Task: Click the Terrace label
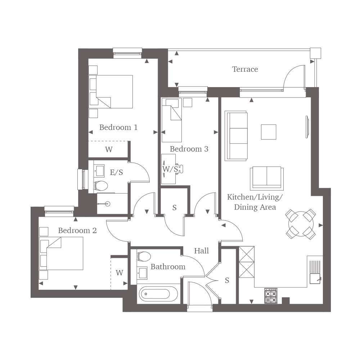click(x=245, y=69)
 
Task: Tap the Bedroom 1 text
click(x=118, y=127)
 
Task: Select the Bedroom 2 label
click(x=77, y=230)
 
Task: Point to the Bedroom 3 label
click(x=189, y=149)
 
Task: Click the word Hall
click(x=201, y=251)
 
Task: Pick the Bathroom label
click(x=168, y=266)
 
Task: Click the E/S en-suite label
click(x=116, y=172)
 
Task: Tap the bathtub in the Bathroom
click(x=158, y=294)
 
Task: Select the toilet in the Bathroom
click(x=143, y=256)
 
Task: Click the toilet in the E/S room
click(x=100, y=186)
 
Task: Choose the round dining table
click(x=301, y=224)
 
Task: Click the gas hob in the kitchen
click(x=271, y=296)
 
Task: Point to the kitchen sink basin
click(x=315, y=278)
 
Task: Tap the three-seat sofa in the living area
click(x=236, y=136)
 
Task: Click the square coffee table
click(x=269, y=132)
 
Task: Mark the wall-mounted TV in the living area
click(x=307, y=127)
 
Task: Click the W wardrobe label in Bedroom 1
click(x=109, y=149)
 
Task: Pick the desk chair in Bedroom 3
click(x=180, y=169)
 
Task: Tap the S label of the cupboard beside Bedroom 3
click(x=175, y=208)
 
